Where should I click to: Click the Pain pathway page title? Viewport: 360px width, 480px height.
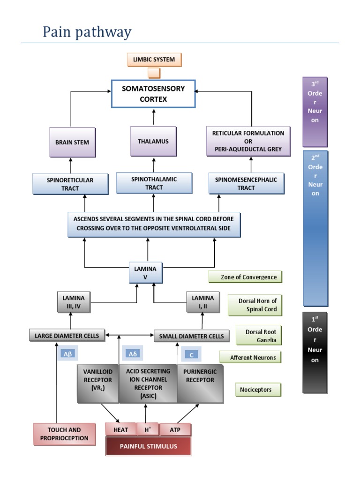click(x=87, y=33)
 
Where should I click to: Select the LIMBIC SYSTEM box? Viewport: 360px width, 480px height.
click(x=154, y=60)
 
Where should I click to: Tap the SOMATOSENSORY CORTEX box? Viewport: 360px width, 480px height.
click(x=153, y=94)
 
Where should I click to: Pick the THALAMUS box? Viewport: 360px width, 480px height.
click(x=153, y=141)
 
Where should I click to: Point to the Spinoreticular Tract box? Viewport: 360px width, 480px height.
click(x=70, y=184)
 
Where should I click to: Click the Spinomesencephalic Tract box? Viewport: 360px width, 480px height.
click(x=246, y=184)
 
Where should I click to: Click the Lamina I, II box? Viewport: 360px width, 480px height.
click(x=202, y=302)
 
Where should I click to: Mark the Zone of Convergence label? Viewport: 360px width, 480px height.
click(x=246, y=277)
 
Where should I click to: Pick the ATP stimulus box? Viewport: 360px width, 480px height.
click(x=175, y=430)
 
